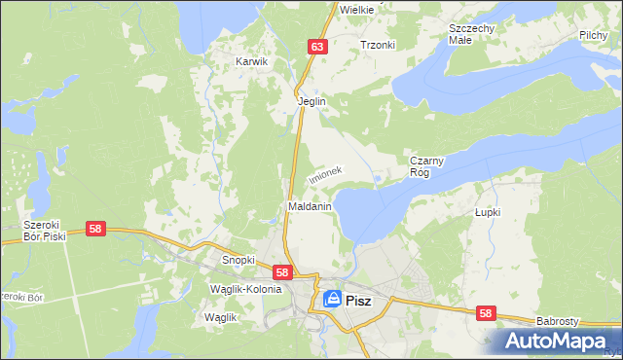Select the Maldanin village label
click(x=311, y=207)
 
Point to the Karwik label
click(x=251, y=61)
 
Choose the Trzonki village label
click(x=377, y=45)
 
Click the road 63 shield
click(x=317, y=46)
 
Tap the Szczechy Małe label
click(x=472, y=34)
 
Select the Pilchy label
click(x=593, y=35)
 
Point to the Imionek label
click(x=325, y=173)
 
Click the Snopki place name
click(x=238, y=260)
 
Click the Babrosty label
click(x=558, y=320)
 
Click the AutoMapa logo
click(x=558, y=342)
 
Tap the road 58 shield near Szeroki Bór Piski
click(x=95, y=229)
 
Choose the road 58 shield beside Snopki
click(x=282, y=273)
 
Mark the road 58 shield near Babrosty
click(x=486, y=313)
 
